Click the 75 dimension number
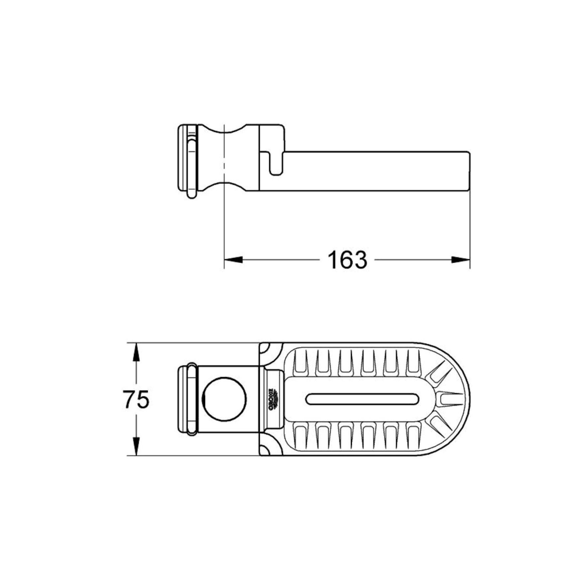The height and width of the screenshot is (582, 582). pos(137,400)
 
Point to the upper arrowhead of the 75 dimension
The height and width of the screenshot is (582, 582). pos(136,353)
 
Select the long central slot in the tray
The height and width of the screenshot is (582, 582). pos(362,399)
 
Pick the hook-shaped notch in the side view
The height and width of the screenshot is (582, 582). pos(275,164)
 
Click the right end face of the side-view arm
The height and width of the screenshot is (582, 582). pos(469,171)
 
